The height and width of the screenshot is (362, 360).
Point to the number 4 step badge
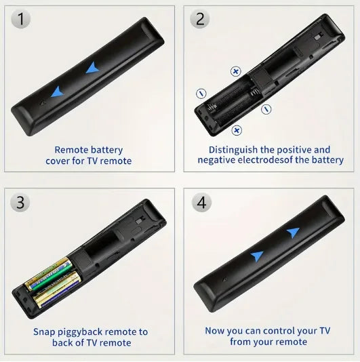tap(201, 202)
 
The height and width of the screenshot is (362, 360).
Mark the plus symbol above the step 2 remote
tap(236, 71)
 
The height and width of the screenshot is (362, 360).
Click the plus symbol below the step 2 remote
tap(236, 129)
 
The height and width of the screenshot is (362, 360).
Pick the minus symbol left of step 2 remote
tap(201, 93)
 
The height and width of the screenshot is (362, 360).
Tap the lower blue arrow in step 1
tap(59, 92)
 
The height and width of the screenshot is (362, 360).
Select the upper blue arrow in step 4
tap(292, 233)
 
